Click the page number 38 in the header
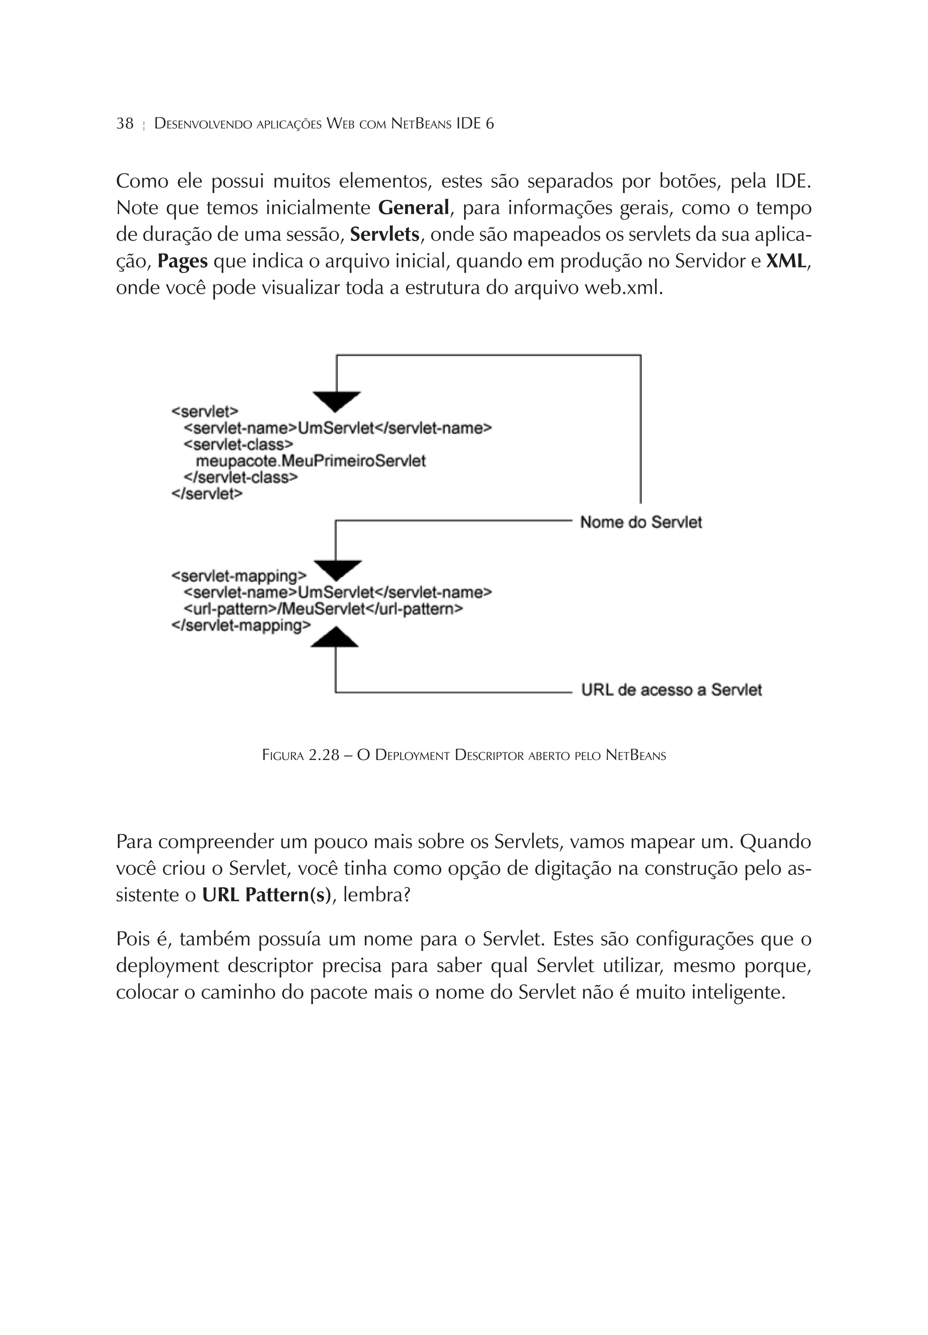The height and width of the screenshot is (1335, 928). click(x=125, y=124)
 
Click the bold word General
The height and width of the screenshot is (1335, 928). click(x=413, y=208)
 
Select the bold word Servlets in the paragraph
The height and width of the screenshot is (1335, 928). click(x=384, y=234)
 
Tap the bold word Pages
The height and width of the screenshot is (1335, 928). click(x=183, y=261)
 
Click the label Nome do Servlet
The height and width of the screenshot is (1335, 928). click(x=640, y=522)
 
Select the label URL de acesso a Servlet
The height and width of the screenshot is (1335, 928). click(x=671, y=690)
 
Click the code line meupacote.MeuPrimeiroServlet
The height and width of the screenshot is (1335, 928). click(x=310, y=461)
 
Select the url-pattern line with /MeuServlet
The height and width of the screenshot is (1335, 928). click(x=323, y=609)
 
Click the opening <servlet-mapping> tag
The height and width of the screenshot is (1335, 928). click(x=238, y=576)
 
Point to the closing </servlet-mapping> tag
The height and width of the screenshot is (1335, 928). click(x=241, y=626)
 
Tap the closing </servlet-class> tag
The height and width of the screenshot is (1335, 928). click(x=241, y=477)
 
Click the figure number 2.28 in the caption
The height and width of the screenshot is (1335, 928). click(x=323, y=755)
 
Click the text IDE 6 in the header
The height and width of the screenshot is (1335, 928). click(x=475, y=124)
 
